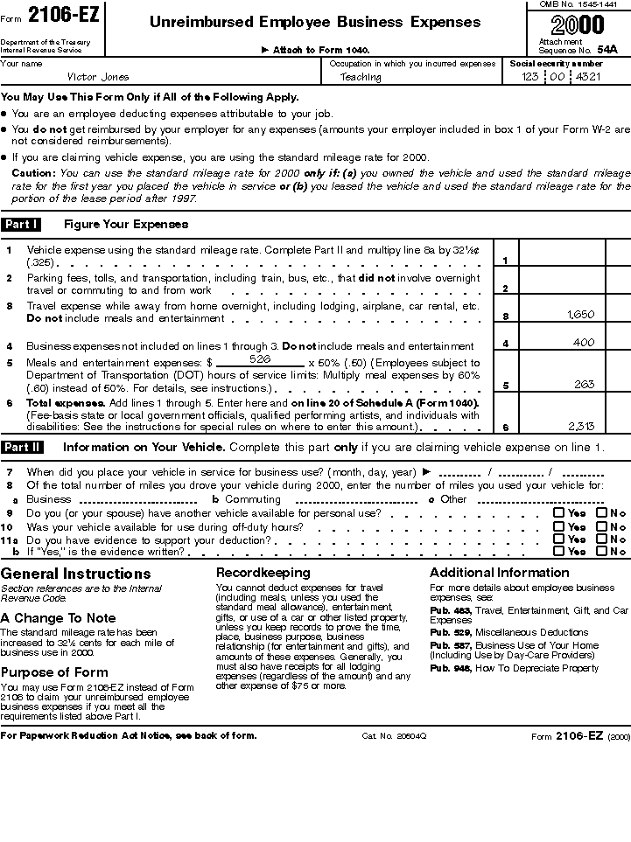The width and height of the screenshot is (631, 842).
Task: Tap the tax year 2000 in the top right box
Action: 578,24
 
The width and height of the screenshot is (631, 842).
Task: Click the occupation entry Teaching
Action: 361,77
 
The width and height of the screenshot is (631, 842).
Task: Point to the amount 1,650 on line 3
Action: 581,314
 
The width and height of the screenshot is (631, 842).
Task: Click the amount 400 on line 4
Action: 584,344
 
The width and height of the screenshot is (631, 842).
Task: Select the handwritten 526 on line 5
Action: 259,359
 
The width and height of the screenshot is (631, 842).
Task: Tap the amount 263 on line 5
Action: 584,384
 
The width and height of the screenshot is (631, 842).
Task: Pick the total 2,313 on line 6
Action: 581,427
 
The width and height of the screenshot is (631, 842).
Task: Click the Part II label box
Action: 22,448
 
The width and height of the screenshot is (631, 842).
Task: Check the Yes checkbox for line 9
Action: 558,513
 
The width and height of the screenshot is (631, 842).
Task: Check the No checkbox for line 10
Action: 601,526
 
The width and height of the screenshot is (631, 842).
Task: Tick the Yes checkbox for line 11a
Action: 558,539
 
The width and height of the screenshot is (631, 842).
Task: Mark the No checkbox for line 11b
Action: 601,552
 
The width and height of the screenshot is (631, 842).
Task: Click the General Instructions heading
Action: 76,574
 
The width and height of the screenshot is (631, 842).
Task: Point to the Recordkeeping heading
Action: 263,573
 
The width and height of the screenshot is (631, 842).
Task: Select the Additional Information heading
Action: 499,573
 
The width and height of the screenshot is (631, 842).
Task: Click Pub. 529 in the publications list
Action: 450,632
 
